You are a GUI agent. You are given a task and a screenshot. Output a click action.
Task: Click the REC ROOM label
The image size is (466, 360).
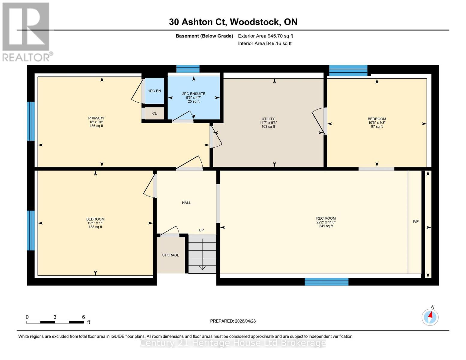click(326, 222)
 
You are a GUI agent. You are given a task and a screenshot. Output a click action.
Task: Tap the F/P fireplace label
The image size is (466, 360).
click(416, 221)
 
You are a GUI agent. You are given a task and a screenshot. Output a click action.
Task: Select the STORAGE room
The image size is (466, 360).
click(171, 255)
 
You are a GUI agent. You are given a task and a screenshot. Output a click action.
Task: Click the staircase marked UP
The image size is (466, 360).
click(202, 254)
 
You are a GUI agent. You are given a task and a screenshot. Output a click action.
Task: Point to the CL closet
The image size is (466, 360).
click(155, 113)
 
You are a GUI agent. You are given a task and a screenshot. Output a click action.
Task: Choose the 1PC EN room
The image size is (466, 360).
click(155, 91)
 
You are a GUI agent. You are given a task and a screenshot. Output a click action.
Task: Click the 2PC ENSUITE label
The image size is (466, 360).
click(194, 97)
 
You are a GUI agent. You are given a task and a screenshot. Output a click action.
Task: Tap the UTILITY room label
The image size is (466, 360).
click(268, 122)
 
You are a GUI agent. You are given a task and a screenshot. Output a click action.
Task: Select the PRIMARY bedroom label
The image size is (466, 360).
click(96, 122)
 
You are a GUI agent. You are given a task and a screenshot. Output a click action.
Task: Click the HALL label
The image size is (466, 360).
click(186, 203)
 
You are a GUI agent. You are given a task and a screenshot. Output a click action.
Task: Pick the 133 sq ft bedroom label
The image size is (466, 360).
click(95, 223)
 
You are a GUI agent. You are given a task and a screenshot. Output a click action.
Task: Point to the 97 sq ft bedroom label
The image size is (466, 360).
click(377, 122)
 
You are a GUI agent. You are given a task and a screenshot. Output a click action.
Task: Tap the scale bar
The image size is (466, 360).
click(55, 322)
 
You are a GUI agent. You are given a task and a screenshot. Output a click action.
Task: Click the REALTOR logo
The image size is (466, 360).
click(26, 31)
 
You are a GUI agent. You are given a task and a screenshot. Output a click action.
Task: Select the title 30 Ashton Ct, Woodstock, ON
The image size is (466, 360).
click(233, 22)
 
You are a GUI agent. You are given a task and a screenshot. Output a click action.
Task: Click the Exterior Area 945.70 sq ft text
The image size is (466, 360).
click(265, 36)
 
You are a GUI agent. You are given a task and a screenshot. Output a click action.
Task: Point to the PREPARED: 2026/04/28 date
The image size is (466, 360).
click(233, 321)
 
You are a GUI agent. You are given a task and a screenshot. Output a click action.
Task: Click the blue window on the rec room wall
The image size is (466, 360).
click(326, 281)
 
